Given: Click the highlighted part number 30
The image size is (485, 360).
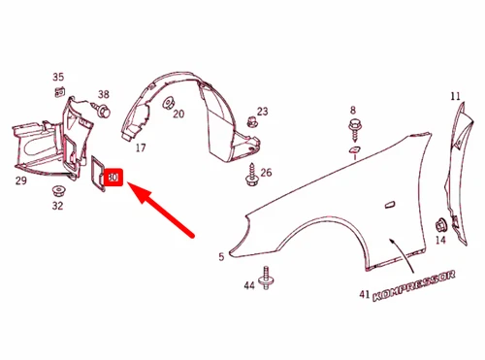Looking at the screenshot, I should [x=113, y=178].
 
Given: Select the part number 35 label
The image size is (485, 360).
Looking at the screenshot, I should [x=58, y=77].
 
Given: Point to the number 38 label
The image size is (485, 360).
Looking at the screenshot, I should [x=104, y=95].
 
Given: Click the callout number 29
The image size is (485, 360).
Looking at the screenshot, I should [x=20, y=180].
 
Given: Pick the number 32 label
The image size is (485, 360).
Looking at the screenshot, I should [x=57, y=205].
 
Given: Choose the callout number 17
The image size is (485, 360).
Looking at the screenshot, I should [x=141, y=148].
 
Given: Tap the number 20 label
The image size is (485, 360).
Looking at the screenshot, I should [x=178, y=115].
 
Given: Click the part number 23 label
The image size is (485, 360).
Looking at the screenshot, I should [x=263, y=113].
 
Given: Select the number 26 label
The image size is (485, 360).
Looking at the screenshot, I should [x=266, y=174].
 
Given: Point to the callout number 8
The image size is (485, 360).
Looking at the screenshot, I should [x=352, y=110].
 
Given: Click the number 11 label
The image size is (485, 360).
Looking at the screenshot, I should [x=455, y=96].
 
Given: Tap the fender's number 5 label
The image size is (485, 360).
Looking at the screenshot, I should [x=221, y=256].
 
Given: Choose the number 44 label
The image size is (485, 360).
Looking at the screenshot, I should [x=248, y=284].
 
